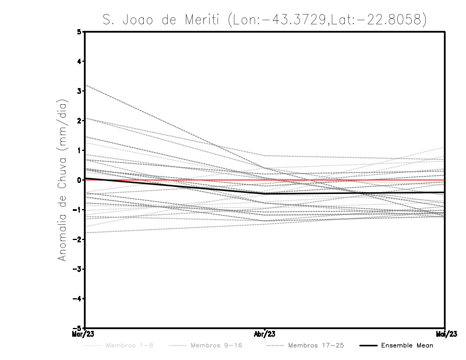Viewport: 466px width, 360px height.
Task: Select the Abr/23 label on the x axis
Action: pos(265,334)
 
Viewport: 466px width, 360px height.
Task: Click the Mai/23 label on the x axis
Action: pos(445,334)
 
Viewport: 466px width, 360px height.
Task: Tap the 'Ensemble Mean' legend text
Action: pos(407,345)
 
